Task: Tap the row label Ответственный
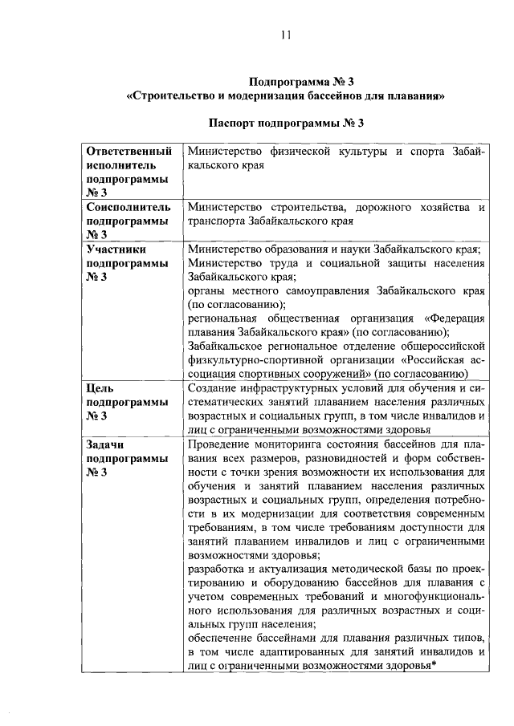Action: pyautogui.click(x=129, y=151)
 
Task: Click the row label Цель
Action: pyautogui.click(x=100, y=388)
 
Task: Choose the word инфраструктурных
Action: pyautogui.click(x=301, y=388)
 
